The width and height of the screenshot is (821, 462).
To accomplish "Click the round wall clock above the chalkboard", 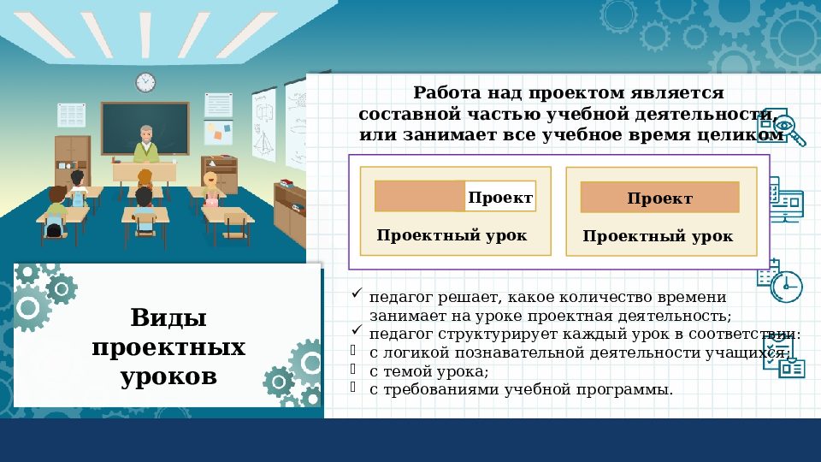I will point(145,82).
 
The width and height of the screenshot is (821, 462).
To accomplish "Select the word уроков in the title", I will point(168,376).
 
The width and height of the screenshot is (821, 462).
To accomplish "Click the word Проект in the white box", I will point(500,198).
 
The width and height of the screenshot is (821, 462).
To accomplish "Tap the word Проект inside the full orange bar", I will point(659,198).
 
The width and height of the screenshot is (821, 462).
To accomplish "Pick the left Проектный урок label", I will point(452,235).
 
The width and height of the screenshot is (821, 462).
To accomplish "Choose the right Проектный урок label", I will point(658,236).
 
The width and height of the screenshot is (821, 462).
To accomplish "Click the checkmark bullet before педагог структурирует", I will point(357,331).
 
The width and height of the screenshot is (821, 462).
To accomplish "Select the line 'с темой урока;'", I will point(428,371).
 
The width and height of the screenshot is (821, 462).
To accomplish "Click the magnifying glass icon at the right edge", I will point(793,128).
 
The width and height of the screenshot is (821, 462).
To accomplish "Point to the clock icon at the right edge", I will point(786,286).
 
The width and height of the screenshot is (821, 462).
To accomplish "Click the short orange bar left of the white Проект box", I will point(420,196).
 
